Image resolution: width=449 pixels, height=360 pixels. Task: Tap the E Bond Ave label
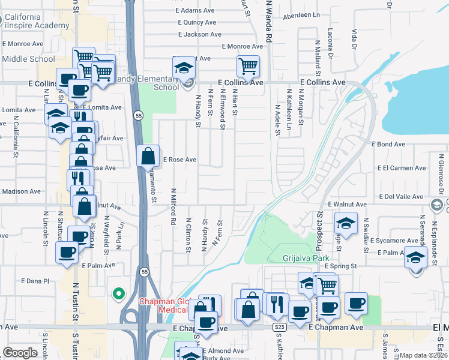pyautogui.click(x=388, y=145)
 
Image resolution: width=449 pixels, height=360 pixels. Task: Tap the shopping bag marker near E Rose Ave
pyautogui.click(x=148, y=157)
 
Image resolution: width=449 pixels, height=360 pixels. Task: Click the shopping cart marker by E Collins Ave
pyautogui.click(x=248, y=67)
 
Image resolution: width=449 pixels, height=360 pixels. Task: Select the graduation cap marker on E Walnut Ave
pyautogui.click(x=346, y=224)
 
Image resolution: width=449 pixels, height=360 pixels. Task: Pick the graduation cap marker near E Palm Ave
pyautogui.click(x=415, y=257)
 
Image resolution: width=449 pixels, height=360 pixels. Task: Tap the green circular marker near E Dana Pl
pyautogui.click(x=119, y=293)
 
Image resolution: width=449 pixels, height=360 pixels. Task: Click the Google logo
pyautogui.click(x=20, y=353)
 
